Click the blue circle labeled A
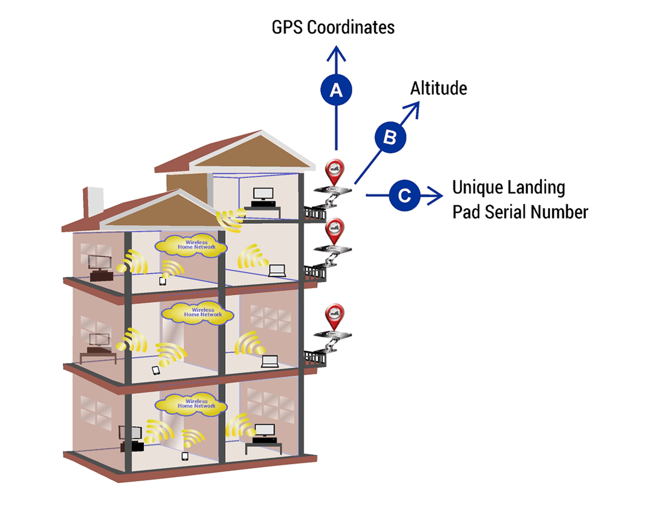point(336,90)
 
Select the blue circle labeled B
point(390,137)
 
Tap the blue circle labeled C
point(404,196)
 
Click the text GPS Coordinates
point(333,28)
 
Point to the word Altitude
point(439,88)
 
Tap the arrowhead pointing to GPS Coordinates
point(336,52)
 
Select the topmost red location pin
point(335,171)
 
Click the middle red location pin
point(335,230)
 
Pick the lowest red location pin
point(335,316)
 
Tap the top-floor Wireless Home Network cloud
point(192,245)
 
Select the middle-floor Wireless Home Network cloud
point(198,313)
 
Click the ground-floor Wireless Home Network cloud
point(192,404)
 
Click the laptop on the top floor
point(277,270)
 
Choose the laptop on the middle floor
point(270,361)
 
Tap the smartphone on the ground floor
point(185,456)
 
